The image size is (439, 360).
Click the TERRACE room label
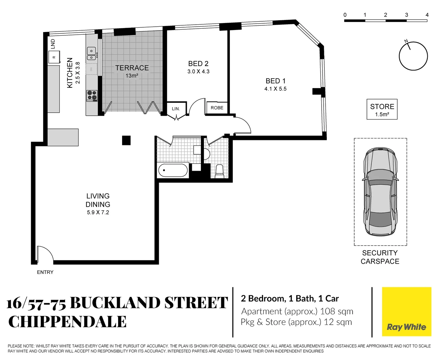[x=132, y=68]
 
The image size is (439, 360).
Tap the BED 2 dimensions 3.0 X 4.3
[x=198, y=72]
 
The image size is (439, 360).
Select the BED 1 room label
[x=275, y=81]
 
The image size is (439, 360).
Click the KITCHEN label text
[x=70, y=73]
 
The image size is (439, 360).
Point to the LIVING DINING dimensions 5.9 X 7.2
[x=98, y=212]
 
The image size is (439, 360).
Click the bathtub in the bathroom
[x=172, y=170]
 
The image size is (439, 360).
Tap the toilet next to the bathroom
[x=219, y=170]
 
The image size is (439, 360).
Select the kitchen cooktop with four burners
[x=92, y=96]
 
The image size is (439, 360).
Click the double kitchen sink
[x=91, y=53]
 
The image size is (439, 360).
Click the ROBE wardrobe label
[x=217, y=108]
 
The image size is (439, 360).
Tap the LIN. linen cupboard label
[x=176, y=109]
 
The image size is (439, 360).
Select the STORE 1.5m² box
[x=382, y=109]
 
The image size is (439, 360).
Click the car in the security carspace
[x=380, y=192]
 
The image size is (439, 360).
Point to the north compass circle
[x=413, y=56]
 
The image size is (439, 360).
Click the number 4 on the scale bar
[x=427, y=15]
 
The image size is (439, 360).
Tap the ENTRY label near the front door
[x=45, y=272]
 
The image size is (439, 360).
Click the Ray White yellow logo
[x=406, y=312]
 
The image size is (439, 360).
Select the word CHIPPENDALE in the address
[x=67, y=322]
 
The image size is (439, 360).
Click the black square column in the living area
[x=126, y=140]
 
